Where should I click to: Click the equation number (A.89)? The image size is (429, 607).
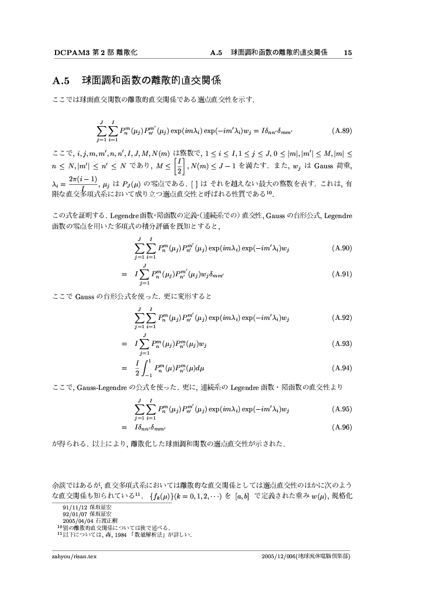pos(341,131)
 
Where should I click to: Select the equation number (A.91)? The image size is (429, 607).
pos(341,274)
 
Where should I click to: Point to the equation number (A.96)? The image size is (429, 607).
pos(341,427)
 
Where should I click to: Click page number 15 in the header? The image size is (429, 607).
pos(348,53)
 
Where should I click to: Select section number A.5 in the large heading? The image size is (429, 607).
pos(61,81)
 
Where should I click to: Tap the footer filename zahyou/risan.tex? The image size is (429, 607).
pos(75,556)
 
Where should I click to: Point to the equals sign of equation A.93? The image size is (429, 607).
pos(124,344)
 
